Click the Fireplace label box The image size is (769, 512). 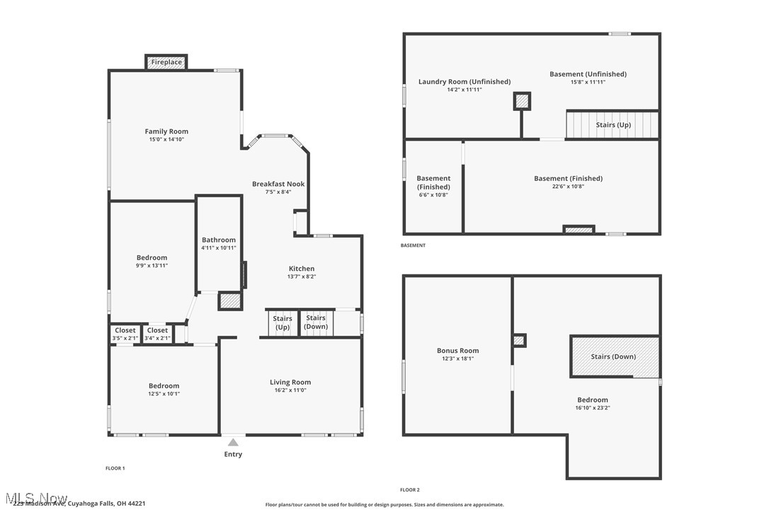(166, 62)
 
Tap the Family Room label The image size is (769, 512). (166, 132)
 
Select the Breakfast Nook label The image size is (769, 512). (278, 184)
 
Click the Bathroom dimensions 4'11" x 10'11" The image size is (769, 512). (218, 248)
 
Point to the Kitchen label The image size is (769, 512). (301, 269)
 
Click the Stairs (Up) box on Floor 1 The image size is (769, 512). (283, 323)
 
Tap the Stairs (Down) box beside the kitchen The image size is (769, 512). (316, 322)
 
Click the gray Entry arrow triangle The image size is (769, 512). (233, 443)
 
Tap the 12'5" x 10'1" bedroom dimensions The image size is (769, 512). (164, 394)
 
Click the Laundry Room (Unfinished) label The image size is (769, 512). (464, 82)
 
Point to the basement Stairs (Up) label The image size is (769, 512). (613, 125)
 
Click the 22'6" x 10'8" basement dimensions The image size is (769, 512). (568, 187)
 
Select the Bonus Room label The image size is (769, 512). (458, 351)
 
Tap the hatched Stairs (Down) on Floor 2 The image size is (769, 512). (614, 356)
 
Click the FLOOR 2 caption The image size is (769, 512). (409, 489)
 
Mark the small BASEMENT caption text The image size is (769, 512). (413, 245)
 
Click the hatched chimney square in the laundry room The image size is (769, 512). (522, 102)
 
